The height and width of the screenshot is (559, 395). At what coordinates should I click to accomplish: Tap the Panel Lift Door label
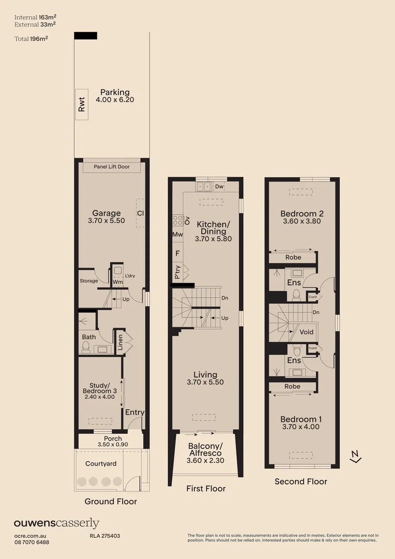tap(111, 167)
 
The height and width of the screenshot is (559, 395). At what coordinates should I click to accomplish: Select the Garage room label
tap(107, 213)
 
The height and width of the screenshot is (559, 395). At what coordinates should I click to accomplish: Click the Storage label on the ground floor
tap(88, 281)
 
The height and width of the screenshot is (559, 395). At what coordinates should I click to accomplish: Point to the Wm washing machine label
tap(117, 282)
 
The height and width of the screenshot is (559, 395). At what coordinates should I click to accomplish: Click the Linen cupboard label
tap(120, 342)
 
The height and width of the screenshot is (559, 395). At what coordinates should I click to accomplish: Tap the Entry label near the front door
tap(134, 413)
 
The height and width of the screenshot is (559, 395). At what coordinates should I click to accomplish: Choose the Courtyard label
tap(101, 464)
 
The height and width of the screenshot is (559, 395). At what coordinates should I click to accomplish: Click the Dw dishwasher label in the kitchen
tap(219, 186)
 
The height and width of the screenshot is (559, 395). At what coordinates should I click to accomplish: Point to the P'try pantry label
tap(177, 272)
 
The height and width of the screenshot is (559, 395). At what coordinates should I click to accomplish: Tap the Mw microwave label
tap(177, 235)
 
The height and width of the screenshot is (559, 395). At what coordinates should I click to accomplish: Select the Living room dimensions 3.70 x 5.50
tap(205, 383)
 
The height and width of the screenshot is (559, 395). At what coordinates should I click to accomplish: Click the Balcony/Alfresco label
tap(205, 449)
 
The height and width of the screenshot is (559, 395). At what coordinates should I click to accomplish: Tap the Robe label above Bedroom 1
tap(292, 386)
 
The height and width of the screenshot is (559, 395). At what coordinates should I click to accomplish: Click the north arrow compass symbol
tap(355, 456)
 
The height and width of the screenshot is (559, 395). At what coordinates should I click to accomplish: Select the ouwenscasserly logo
tap(56, 523)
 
